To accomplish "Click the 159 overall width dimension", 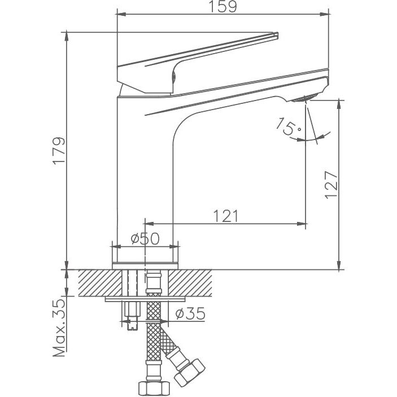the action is point(223,7).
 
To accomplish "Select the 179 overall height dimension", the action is point(59,151).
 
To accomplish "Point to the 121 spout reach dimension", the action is point(226,216).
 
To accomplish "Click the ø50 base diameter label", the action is point(145,239).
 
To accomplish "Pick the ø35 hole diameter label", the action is point(190,313).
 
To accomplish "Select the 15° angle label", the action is point(289,126).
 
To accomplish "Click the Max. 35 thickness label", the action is point(59,328).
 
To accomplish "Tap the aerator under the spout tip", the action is point(304,98).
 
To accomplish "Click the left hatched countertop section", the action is point(100,283).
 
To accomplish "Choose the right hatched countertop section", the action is point(190,283).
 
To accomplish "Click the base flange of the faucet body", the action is point(145,265).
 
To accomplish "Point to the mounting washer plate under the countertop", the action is point(145,299).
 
